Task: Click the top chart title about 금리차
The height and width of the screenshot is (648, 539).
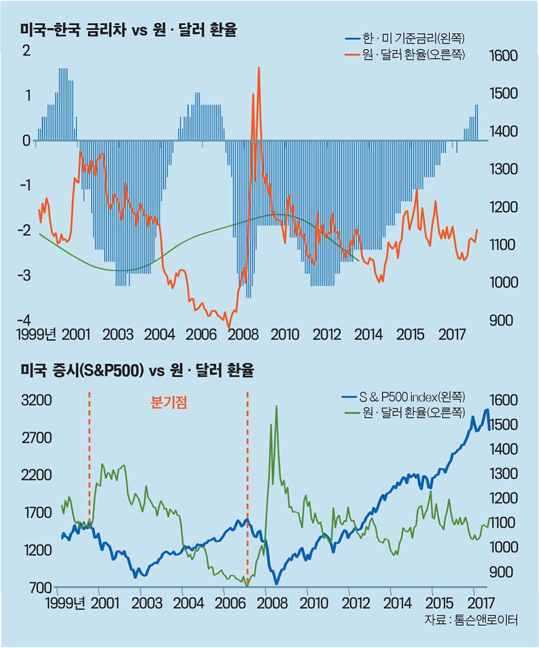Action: click(x=128, y=30)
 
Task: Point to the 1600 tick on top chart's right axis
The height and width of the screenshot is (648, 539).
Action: click(x=503, y=56)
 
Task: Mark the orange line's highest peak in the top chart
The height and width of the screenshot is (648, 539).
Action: click(x=258, y=68)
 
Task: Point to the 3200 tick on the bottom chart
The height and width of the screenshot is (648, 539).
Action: click(x=36, y=400)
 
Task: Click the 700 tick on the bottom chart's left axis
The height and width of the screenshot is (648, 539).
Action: click(x=40, y=587)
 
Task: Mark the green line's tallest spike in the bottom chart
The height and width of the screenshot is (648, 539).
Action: click(x=276, y=407)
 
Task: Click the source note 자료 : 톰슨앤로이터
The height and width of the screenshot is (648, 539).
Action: click(x=471, y=619)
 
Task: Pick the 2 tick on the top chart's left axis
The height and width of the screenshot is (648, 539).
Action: click(x=25, y=51)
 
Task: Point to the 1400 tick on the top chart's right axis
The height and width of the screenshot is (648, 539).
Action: click(x=503, y=131)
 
